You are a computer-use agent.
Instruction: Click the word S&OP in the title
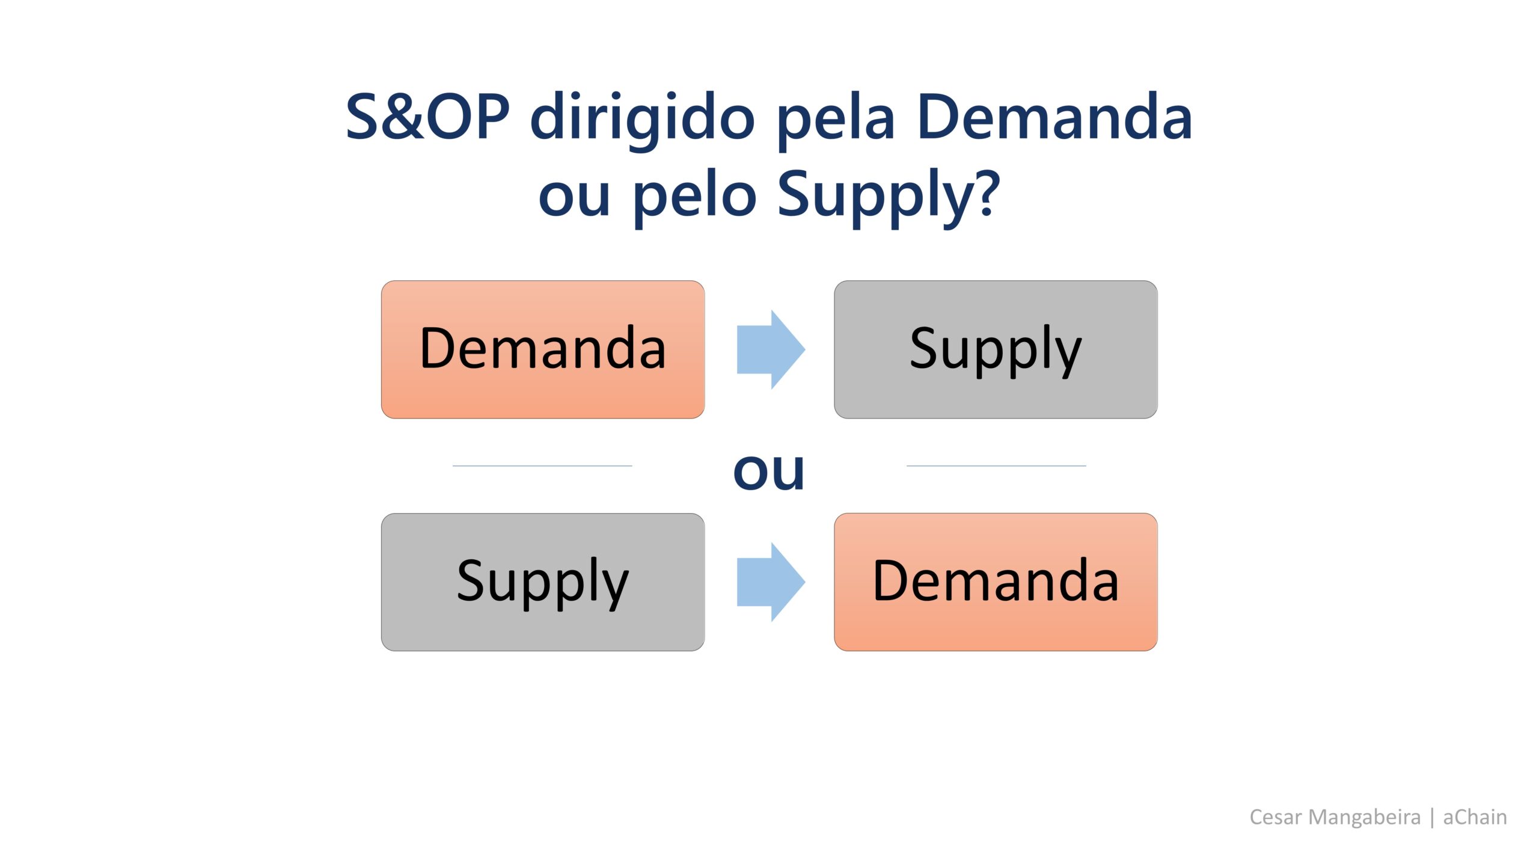(x=428, y=117)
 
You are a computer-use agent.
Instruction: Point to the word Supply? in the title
(x=889, y=195)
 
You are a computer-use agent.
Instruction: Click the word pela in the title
(x=836, y=120)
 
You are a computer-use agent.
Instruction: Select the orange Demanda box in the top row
(x=543, y=349)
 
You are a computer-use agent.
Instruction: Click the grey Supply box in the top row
(x=996, y=349)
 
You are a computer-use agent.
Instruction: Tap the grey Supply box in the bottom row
(x=543, y=582)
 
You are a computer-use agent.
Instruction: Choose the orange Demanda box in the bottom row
(x=996, y=582)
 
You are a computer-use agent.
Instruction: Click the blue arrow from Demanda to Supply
(x=771, y=349)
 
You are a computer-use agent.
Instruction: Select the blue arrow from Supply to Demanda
(x=771, y=582)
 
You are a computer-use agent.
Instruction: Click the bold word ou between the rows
(x=769, y=471)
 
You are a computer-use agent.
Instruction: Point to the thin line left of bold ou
(x=542, y=465)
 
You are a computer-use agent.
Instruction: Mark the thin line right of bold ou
(x=996, y=465)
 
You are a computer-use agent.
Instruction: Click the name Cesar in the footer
(x=1276, y=817)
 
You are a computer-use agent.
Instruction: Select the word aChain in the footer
(x=1475, y=817)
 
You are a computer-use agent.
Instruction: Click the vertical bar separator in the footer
(x=1432, y=818)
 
